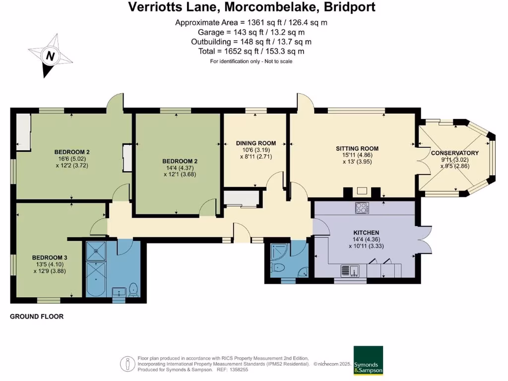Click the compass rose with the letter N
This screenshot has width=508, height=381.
pos(49,57)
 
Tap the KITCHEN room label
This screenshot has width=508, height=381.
pos(366,233)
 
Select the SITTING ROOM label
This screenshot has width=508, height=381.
pos(357,148)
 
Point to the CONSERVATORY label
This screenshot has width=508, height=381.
pos(454,153)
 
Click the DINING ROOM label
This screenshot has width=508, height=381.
pos(255,143)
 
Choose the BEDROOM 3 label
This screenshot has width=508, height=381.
pos(50,257)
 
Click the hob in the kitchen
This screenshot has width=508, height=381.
pos(362,208)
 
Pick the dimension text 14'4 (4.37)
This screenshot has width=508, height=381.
pos(180,168)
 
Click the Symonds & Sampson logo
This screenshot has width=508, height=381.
pos(368,360)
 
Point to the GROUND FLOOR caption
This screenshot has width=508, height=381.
pos(37,317)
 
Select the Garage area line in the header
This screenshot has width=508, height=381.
pos(252,32)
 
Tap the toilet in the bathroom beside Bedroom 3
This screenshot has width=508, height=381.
pos(132,289)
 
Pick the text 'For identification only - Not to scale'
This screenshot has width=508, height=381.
pos(251,62)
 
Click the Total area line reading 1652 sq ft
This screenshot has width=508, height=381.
pos(252,52)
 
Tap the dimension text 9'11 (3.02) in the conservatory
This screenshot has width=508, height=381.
pos(454,160)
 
